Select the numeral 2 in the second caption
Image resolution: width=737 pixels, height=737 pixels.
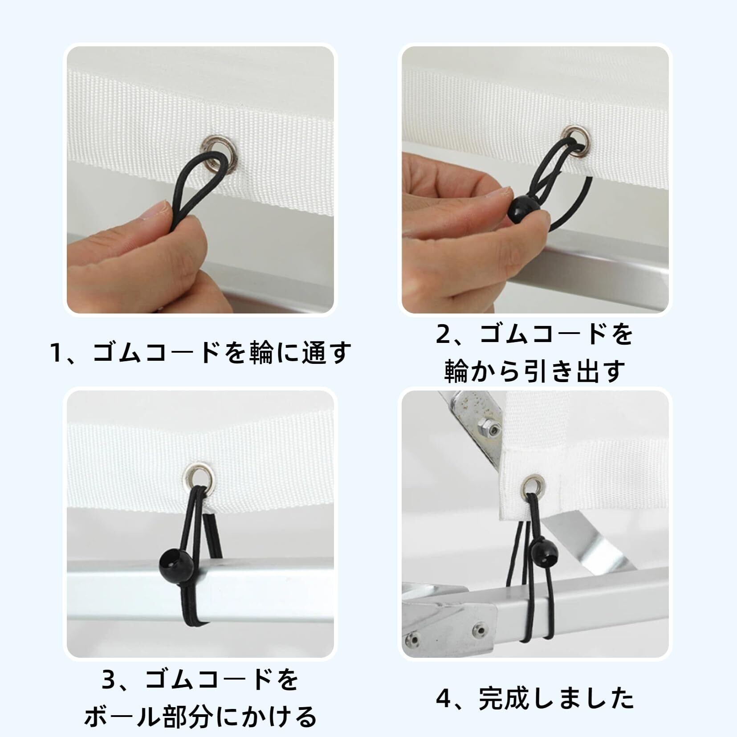443,334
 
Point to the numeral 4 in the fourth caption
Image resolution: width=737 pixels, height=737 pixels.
443,699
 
